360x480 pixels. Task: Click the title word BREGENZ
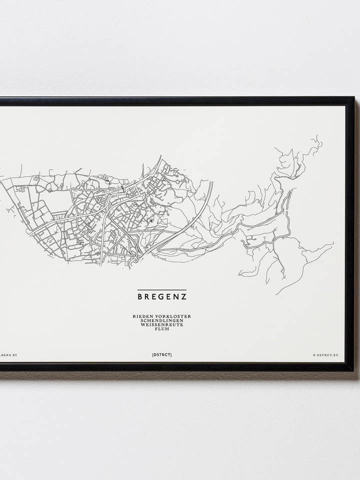(x=162, y=296)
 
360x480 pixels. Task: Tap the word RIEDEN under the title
(x=142, y=316)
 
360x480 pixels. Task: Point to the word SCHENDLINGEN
(x=162, y=320)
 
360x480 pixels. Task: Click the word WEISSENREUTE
(x=162, y=324)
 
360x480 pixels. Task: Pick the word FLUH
(x=162, y=328)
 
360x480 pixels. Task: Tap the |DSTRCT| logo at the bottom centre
(x=162, y=355)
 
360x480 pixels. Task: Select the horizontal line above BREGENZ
(x=162, y=290)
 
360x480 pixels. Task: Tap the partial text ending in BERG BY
(x=8, y=355)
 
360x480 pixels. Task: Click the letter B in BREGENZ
(x=140, y=296)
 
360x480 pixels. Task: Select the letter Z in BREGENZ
(x=184, y=296)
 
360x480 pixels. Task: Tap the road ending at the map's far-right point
(x=330, y=244)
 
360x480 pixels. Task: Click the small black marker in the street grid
(x=150, y=220)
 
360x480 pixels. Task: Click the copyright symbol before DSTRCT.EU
(x=314, y=355)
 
